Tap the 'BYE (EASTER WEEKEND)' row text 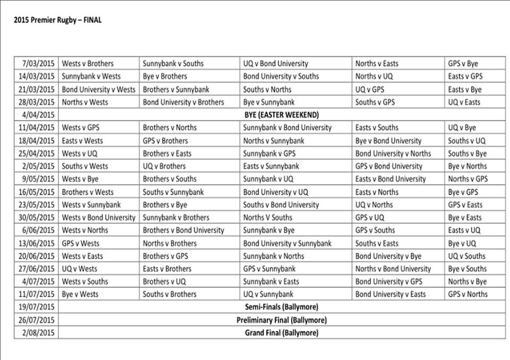point(282,115)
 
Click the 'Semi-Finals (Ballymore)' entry point(282,307)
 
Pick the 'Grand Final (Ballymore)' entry point(282,333)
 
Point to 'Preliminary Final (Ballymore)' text point(282,320)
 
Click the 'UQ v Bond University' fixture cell point(275,64)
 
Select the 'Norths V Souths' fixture point(268,217)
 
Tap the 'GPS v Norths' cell point(467,294)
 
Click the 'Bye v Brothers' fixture point(165,76)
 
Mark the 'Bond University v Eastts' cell point(390,294)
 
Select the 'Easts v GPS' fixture point(465,76)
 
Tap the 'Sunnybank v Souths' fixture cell point(173,64)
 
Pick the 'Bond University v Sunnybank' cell point(287,243)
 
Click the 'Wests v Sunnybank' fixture point(91,204)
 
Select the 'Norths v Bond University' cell point(393,269)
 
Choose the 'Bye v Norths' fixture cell point(467,166)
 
